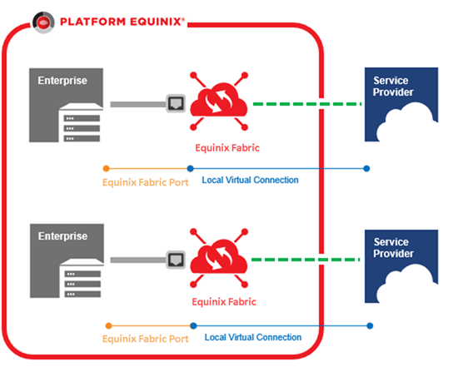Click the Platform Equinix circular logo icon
point(43,22)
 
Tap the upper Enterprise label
point(62,81)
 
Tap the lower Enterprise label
point(63,236)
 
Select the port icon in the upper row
point(176,103)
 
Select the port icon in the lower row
point(176,260)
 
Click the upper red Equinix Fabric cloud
point(219,101)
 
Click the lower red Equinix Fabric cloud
point(219,257)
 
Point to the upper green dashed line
point(307,104)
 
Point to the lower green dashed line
point(306,260)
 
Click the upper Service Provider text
point(393,87)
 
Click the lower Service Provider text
point(393,248)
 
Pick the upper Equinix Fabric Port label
point(145,182)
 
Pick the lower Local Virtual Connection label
point(253,337)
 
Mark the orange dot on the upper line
point(106,168)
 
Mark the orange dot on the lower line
point(108,325)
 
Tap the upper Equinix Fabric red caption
point(227,147)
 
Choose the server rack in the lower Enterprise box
point(82,278)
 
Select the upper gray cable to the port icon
point(138,104)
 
